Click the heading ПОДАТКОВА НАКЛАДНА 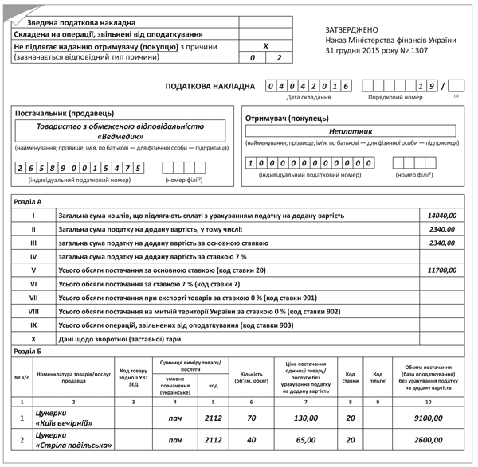click(x=210, y=86)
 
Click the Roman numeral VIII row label click(x=33, y=311)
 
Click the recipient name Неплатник click(x=351, y=131)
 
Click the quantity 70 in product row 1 click(x=252, y=418)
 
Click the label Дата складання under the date click(x=308, y=97)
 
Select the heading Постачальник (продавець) click(x=65, y=113)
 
